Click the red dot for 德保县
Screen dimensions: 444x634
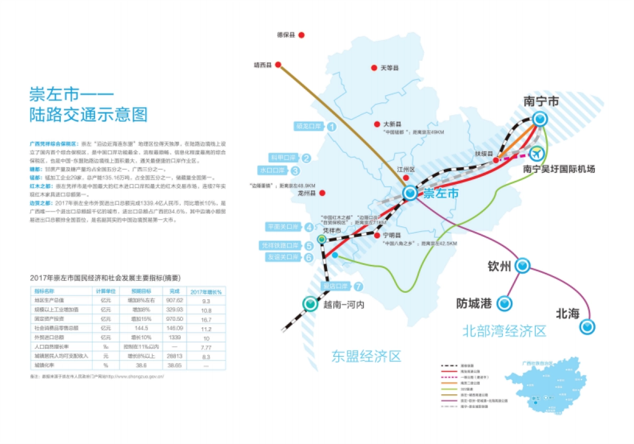(x=302, y=35)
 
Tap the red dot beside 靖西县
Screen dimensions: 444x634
(x=278, y=65)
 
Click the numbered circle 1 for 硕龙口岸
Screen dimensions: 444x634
(x=332, y=127)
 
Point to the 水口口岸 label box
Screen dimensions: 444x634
(x=273, y=171)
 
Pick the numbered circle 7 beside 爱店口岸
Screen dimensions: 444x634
(x=359, y=287)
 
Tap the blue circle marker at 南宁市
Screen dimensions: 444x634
(x=539, y=120)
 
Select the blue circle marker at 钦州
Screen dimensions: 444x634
(x=523, y=265)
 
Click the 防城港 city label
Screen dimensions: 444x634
(x=474, y=303)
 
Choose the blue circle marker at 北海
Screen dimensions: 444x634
(x=586, y=327)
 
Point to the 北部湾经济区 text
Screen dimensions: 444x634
(x=504, y=331)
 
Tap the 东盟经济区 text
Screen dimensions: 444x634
(x=366, y=356)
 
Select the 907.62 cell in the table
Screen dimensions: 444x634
(x=174, y=300)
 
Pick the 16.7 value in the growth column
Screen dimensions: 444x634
(x=206, y=319)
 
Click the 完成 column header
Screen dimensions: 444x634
(x=174, y=291)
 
